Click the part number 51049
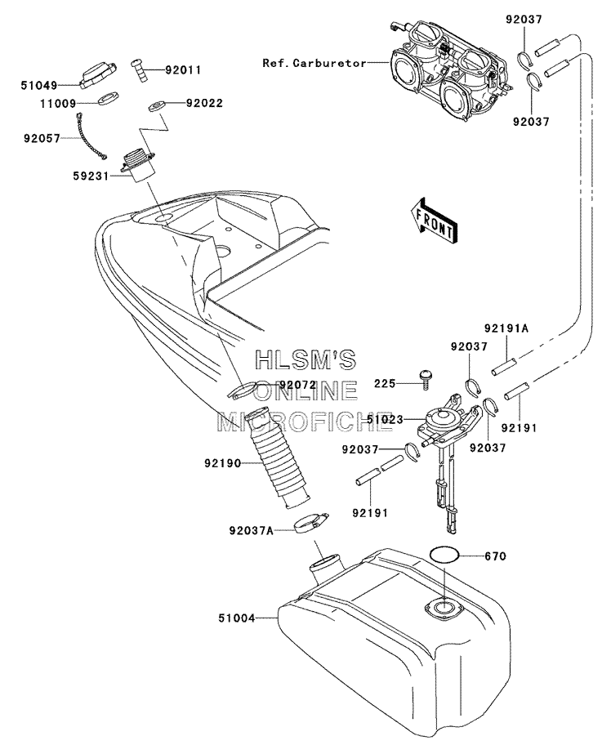(x=39, y=86)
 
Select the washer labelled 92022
(x=157, y=106)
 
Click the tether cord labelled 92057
(x=91, y=135)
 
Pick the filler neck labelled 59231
(x=138, y=167)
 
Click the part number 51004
(x=237, y=618)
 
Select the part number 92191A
(x=506, y=328)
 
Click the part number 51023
(x=385, y=420)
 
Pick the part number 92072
(x=298, y=384)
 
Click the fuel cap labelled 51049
(x=98, y=75)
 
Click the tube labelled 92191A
(x=504, y=365)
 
